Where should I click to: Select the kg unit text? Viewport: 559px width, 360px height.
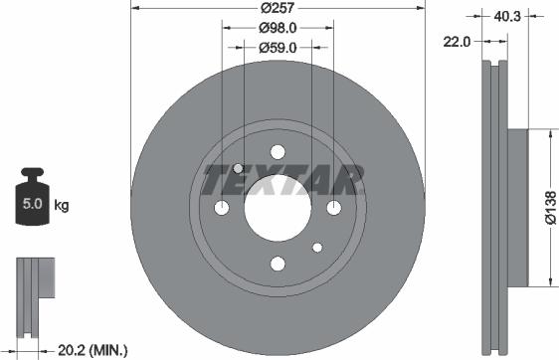point(61,206)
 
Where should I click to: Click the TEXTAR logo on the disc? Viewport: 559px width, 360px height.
point(279,180)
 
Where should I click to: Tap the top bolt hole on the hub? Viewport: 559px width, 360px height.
point(279,151)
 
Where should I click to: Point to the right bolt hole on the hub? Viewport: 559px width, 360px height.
point(334,207)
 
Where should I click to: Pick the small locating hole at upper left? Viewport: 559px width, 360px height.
point(240,168)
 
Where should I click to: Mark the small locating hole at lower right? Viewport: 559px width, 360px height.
point(317,247)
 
